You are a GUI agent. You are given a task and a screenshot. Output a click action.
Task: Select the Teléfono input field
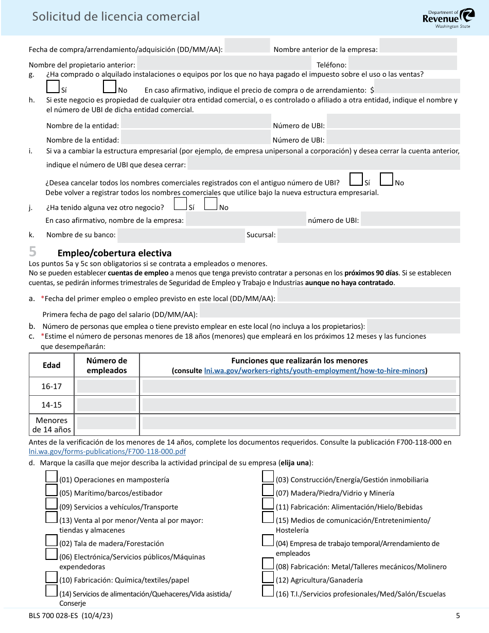tap(403, 63)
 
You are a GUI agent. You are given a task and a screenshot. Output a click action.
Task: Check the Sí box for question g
tap(53, 86)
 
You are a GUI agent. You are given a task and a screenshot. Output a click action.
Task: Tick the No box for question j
tap(211, 204)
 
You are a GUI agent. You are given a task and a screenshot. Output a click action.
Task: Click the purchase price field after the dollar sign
tap(417, 86)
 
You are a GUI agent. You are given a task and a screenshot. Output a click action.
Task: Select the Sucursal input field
tap(368, 236)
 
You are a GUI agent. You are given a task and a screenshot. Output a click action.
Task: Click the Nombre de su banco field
tap(181, 236)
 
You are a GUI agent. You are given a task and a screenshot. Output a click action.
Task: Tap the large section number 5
tap(33, 252)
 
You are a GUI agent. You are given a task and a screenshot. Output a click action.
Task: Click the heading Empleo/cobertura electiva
tap(114, 253)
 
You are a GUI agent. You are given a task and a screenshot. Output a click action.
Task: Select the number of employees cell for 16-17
tap(107, 386)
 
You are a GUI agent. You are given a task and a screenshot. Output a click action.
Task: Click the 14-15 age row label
tap(51, 405)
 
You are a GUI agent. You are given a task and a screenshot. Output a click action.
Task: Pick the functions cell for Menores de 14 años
tap(299, 423)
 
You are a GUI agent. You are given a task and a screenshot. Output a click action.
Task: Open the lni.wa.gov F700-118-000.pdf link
tap(107, 451)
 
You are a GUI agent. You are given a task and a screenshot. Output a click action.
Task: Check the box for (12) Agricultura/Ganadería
tap(268, 577)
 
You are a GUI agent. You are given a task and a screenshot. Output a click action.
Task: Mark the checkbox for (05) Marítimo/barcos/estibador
tap(51, 490)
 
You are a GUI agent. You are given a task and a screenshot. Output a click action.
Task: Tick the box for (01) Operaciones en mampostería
tap(51, 477)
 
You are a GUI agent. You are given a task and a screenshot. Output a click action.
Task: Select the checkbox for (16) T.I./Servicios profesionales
tap(268, 591)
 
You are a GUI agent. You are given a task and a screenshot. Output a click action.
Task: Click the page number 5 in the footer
tap(458, 616)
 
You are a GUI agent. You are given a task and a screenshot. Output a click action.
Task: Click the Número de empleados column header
tap(107, 365)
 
